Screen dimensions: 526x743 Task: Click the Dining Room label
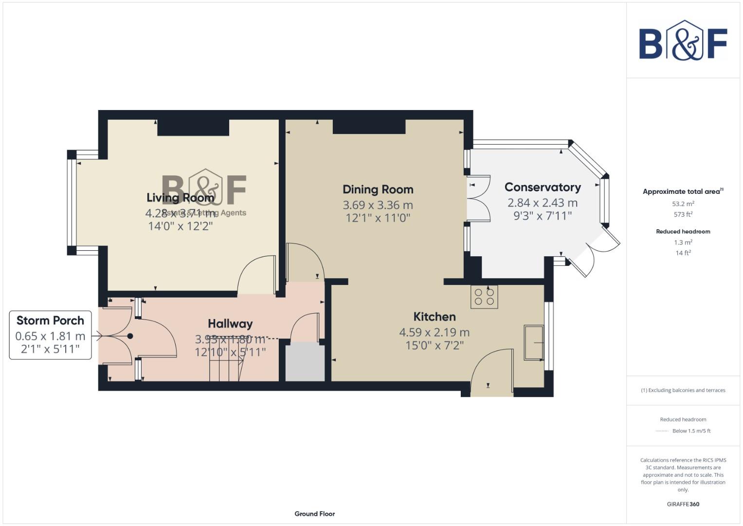tap(378, 189)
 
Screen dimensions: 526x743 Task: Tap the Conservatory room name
tap(543, 187)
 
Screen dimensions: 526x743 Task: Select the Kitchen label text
tap(435, 317)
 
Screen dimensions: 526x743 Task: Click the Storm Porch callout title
tap(50, 320)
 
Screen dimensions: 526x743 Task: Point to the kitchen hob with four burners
tap(484, 297)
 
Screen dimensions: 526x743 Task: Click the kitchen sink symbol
tap(534, 342)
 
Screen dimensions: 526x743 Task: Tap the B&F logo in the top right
tap(683, 41)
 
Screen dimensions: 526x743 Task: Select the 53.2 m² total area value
tap(683, 204)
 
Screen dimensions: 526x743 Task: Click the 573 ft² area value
tap(683, 214)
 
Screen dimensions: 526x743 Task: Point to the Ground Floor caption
tap(314, 514)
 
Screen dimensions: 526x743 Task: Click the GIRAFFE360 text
tap(683, 504)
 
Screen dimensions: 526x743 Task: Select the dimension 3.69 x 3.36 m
tap(378, 205)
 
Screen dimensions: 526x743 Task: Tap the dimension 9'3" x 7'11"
tap(543, 216)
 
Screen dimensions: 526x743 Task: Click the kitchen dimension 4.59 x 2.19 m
tap(435, 333)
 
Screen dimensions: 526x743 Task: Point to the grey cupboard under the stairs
tap(305, 362)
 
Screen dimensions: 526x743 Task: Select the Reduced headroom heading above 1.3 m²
tap(683, 231)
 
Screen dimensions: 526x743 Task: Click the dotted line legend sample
tap(662, 431)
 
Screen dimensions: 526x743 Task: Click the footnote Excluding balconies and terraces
tap(683, 390)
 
